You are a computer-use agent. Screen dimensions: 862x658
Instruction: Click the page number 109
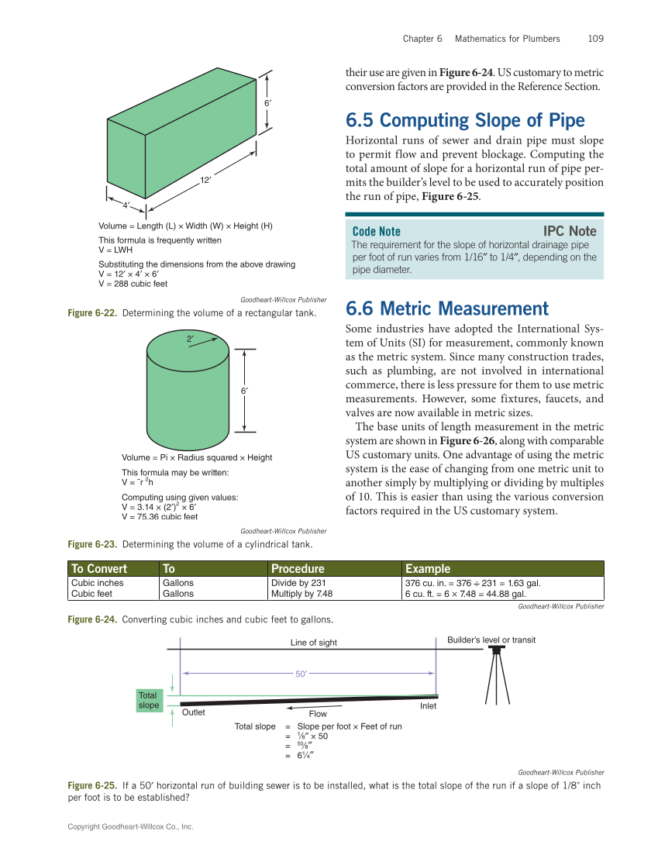(595, 38)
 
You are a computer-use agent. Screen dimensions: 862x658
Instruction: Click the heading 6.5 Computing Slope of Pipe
(464, 120)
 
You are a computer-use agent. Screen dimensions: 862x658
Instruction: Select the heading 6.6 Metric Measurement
(446, 309)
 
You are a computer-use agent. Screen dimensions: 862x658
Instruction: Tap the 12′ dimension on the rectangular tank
(206, 181)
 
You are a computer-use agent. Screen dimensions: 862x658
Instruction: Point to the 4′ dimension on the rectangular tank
(126, 205)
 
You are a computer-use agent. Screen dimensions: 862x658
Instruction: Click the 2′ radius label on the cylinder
(190, 339)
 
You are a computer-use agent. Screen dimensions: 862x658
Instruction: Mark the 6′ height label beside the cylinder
(244, 391)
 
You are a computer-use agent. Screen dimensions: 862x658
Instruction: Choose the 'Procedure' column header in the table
(298, 568)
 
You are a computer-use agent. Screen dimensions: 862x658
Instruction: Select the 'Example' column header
(428, 568)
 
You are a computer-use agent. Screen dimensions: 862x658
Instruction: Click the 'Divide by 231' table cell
(298, 582)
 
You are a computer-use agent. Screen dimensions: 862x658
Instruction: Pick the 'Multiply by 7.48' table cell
(301, 593)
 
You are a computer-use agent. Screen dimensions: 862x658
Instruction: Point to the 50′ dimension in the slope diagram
(302, 674)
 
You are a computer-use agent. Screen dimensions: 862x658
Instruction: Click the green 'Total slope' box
(148, 700)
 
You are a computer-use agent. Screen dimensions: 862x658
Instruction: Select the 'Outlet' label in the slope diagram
(193, 712)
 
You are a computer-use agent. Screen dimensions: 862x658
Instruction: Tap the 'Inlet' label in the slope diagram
(428, 705)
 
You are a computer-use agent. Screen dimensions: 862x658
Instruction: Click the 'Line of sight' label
(314, 642)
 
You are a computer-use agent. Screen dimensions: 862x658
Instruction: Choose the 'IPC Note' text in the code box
(570, 231)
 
